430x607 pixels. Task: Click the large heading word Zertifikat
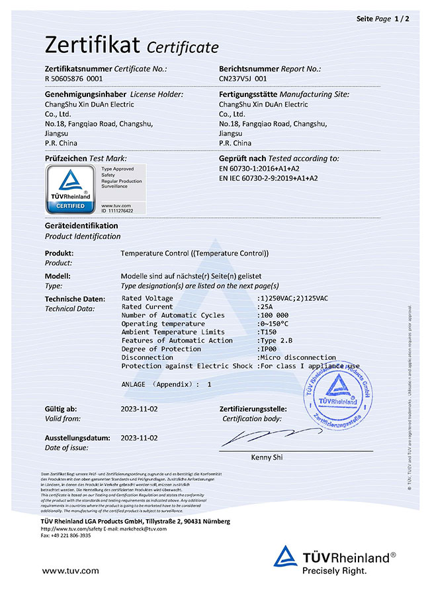pos(92,45)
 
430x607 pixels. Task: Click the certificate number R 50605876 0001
pos(73,78)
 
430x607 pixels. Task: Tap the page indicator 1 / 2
pos(402,18)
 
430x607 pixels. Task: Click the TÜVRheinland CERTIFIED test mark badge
pos(69,189)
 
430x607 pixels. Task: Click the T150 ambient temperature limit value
pos(267,332)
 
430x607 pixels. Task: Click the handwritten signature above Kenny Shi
pos(261,437)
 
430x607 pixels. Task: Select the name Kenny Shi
pos(267,457)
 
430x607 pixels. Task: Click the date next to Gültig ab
pos(139,410)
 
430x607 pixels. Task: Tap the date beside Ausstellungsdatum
pos(139,438)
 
